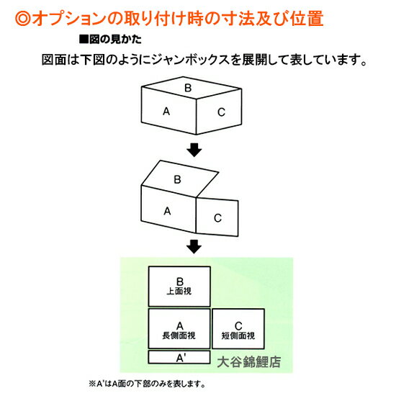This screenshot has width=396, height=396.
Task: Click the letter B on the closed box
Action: tap(188, 88)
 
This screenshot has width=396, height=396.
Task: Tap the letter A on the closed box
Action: tap(166, 111)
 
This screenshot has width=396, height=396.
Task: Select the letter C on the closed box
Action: tap(221, 112)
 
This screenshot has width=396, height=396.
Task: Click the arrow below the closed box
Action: tap(194, 150)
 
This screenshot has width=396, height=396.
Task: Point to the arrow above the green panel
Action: tap(194, 246)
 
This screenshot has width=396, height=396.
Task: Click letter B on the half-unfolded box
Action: tap(177, 179)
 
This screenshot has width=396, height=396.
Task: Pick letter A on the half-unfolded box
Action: tap(167, 211)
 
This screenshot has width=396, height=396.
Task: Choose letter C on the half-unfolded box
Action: tap(217, 218)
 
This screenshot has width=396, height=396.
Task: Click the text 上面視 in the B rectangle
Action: tap(179, 292)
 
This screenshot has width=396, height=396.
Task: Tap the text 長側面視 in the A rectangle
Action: tap(179, 336)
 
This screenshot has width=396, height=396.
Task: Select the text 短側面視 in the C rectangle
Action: tap(238, 336)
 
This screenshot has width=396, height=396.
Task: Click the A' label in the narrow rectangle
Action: tap(181, 358)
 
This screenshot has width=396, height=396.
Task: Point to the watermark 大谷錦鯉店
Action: tap(249, 362)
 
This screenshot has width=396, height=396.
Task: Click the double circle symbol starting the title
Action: tap(23, 18)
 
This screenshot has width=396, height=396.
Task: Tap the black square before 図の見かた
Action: tap(84, 40)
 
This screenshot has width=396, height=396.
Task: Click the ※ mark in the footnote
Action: tap(92, 384)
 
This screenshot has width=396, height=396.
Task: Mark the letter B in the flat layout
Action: tap(179, 282)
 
